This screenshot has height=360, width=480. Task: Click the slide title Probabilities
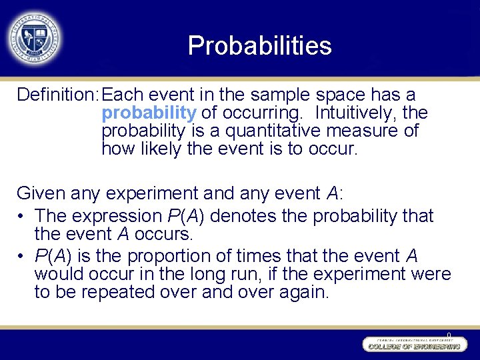coord(259,45)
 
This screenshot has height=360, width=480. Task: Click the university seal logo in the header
coord(33,38)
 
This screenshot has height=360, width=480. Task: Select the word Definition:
coord(59,95)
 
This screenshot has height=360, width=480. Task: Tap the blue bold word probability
coord(149,113)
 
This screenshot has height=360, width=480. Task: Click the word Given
coord(39,193)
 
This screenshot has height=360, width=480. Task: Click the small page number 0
coord(449,335)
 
